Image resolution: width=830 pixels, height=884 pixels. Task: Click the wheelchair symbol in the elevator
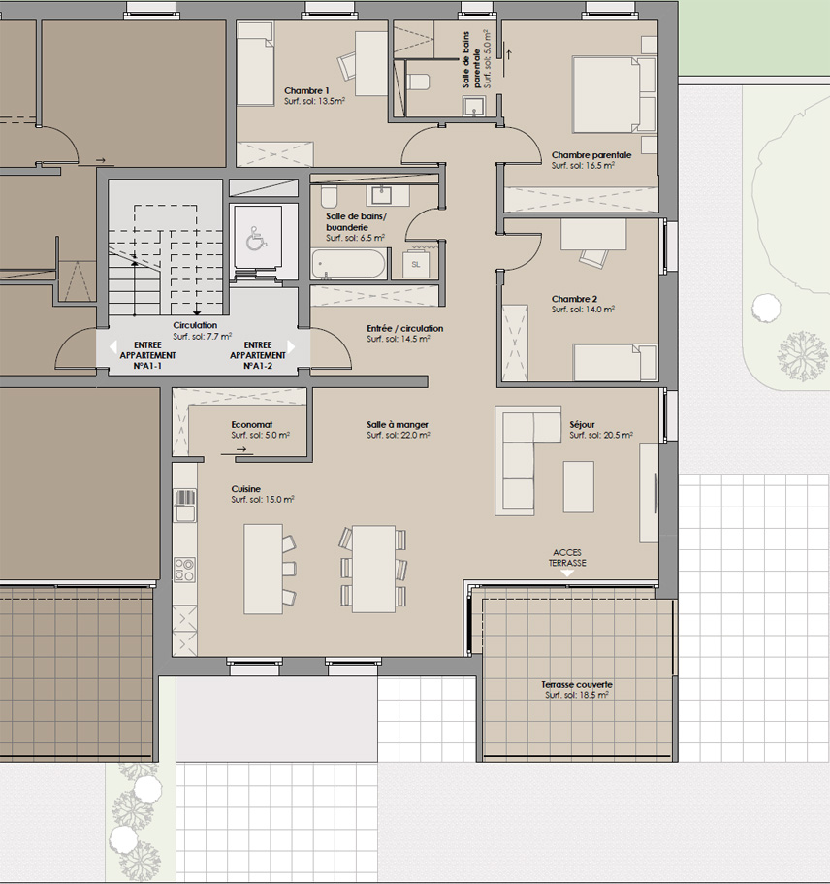[256, 239]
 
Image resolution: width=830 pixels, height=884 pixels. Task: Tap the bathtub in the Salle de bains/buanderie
[349, 264]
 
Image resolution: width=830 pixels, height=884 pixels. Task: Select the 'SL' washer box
[416, 264]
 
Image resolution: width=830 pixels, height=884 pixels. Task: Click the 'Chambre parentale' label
[591, 155]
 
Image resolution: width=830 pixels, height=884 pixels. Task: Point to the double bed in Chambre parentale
[614, 94]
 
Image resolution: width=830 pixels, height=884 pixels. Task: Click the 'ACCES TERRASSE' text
[567, 558]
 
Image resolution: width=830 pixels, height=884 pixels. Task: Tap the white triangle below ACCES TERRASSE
[567, 573]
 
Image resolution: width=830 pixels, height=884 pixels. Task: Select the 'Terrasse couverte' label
[577, 684]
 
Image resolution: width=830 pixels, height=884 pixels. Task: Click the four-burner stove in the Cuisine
[184, 570]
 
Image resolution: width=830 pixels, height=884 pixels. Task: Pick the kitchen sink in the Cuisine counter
[185, 506]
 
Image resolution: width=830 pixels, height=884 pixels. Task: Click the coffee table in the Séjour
[579, 486]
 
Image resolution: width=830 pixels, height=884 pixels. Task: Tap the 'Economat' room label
[252, 424]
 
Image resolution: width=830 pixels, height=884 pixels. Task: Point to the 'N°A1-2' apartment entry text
[258, 366]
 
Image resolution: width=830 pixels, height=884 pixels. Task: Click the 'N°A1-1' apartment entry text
[147, 366]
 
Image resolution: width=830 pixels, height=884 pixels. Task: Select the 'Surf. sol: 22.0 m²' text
[399, 436]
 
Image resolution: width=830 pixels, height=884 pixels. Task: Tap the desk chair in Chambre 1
[347, 66]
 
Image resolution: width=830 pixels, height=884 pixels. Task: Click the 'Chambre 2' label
[574, 299]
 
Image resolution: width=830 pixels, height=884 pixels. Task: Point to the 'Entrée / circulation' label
[405, 328]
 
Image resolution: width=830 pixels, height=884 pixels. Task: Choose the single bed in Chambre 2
[616, 363]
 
